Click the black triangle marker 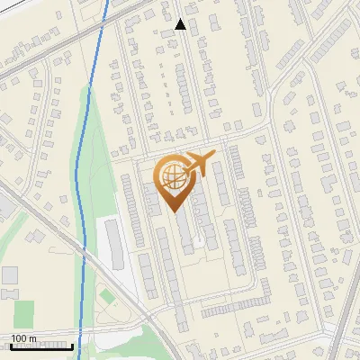pos(181,24)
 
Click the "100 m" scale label pos(24,338)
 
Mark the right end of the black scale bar pos(73,346)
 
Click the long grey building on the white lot pos(115,244)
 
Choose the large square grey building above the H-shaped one pos(9,274)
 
